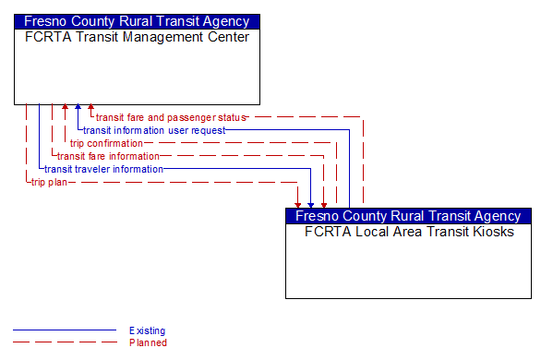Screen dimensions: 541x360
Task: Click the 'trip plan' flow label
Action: [x=50, y=183]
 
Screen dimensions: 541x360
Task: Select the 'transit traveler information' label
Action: [x=104, y=170]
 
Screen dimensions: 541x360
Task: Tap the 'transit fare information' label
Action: [x=109, y=157]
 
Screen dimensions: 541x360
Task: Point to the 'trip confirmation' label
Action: [x=107, y=144]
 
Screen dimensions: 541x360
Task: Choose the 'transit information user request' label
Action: [x=154, y=131]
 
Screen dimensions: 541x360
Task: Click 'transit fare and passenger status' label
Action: [x=172, y=118]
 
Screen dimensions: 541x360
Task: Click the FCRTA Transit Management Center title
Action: [x=137, y=38]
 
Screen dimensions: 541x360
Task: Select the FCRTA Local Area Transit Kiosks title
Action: [x=409, y=233]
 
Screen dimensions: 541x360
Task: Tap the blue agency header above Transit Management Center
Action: [x=137, y=21]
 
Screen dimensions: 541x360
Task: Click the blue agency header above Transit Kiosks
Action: [x=409, y=216]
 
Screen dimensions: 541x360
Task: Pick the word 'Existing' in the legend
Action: [x=148, y=330]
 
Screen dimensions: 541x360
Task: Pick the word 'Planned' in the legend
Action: [x=148, y=342]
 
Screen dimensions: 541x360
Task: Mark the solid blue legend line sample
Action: [x=65, y=330]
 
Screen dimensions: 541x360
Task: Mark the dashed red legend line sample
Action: [x=65, y=342]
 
